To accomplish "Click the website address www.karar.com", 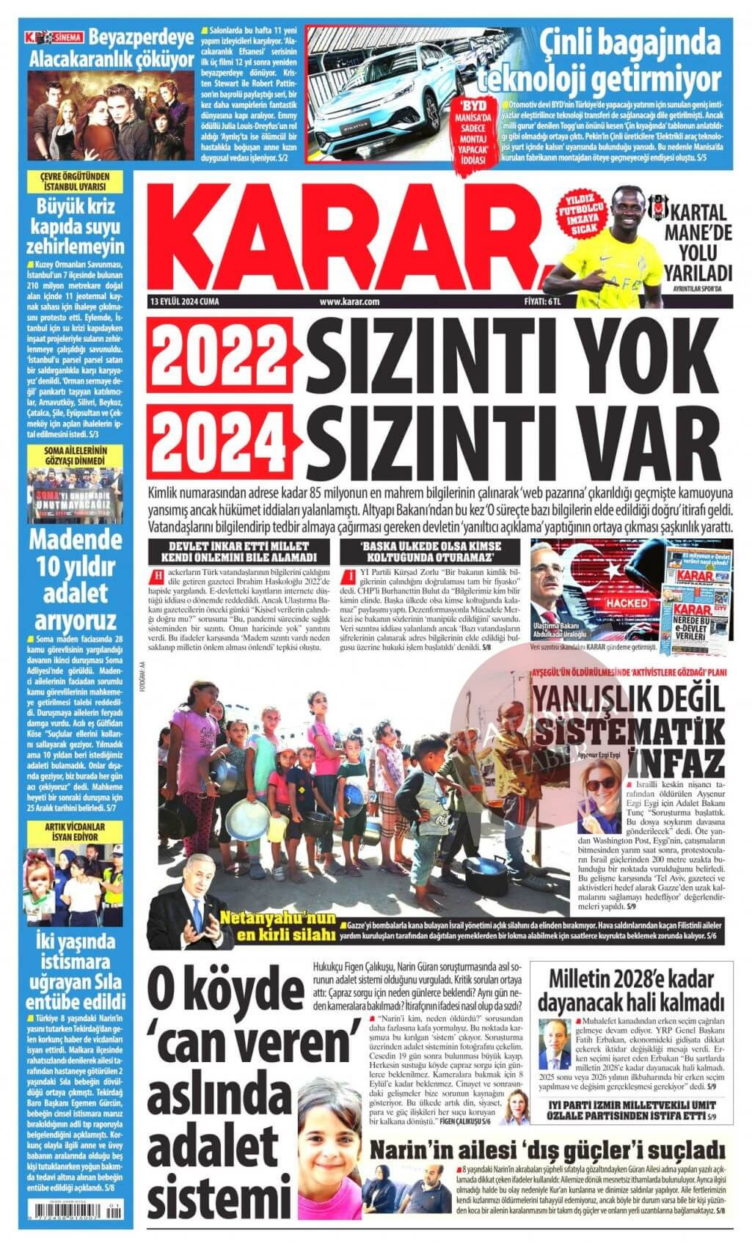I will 349,301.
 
